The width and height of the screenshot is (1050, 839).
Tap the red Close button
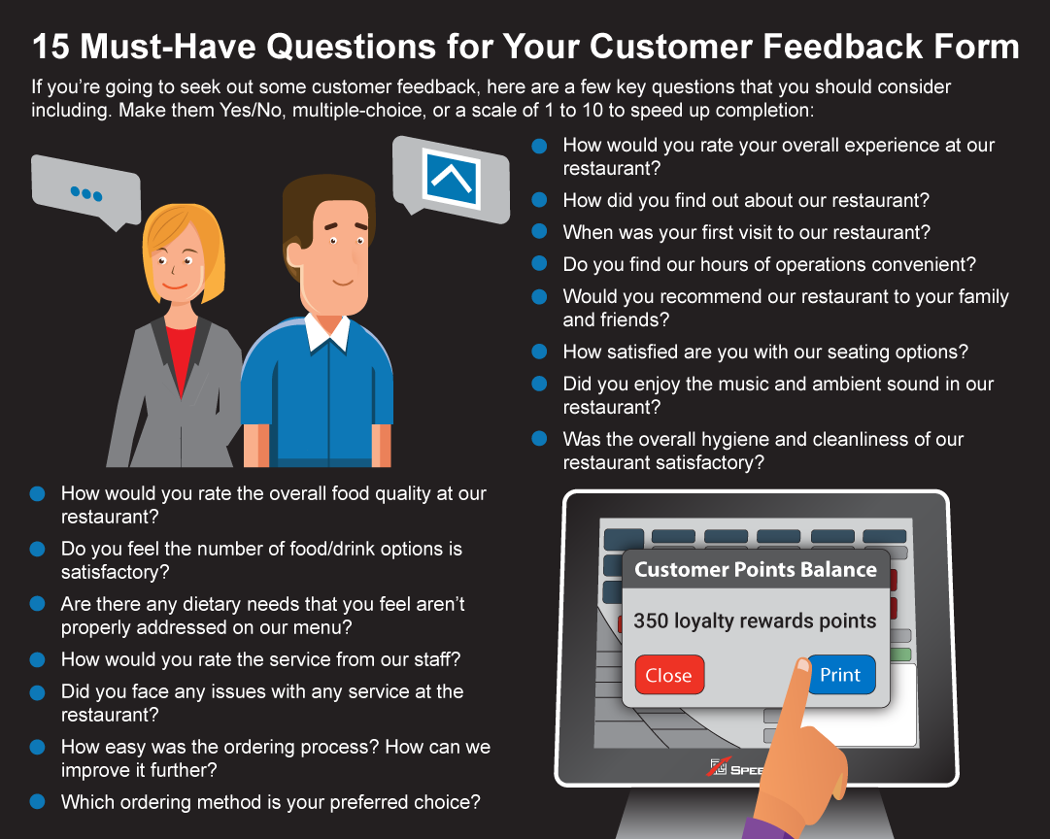[669, 674]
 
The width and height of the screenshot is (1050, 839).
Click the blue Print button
[841, 674]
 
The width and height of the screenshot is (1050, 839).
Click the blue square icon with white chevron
[452, 177]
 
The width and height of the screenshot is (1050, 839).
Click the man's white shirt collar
[327, 331]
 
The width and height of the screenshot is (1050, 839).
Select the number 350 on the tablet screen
[651, 621]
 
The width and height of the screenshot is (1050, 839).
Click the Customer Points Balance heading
[756, 569]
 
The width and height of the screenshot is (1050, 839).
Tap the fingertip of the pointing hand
[802, 665]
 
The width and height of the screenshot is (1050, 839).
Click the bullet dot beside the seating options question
[540, 352]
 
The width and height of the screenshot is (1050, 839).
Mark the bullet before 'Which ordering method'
[38, 801]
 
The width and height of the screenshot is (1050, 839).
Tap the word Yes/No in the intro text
[252, 110]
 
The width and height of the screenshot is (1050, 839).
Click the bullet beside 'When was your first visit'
[540, 232]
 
